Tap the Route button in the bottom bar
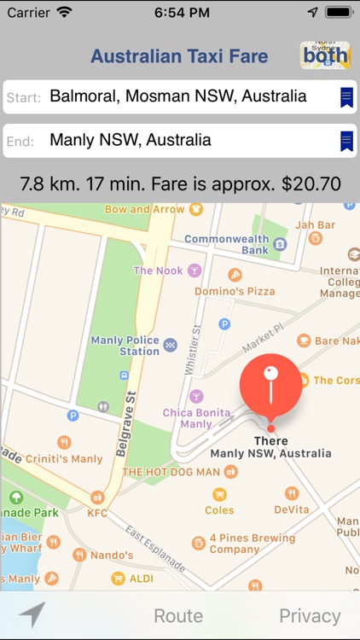point(178,615)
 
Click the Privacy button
point(310,615)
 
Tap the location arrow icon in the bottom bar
point(32,614)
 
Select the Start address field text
point(177,96)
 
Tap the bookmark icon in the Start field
point(346,97)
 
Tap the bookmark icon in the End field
point(346,141)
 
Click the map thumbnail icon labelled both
point(325,55)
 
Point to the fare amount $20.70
point(311,183)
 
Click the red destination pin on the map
point(270,384)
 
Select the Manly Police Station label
point(125,346)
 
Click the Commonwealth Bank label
point(226,245)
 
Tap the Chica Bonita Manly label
point(196,418)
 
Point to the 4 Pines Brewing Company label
point(252,544)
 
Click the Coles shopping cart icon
point(219,494)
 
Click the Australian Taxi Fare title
point(179,57)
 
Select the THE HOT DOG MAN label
point(171,472)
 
